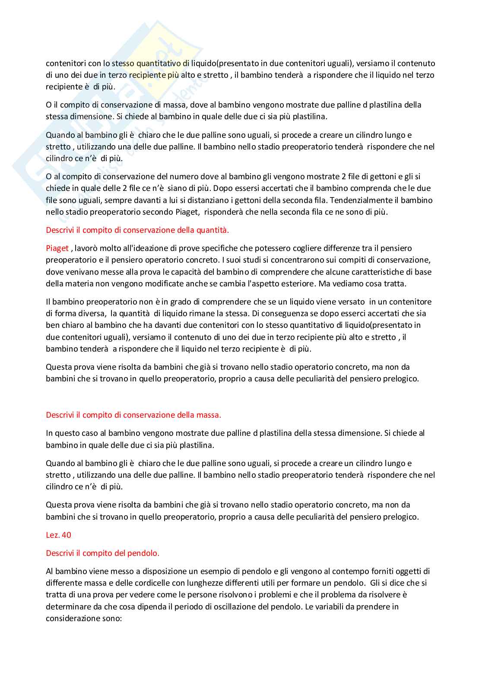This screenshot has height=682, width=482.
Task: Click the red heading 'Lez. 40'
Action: [58, 535]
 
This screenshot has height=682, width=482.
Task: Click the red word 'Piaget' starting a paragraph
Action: [57, 248]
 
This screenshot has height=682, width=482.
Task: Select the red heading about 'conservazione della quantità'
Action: [137, 230]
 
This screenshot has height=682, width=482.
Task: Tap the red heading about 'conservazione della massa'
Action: [133, 415]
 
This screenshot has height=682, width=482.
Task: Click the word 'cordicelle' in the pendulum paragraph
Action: [153, 583]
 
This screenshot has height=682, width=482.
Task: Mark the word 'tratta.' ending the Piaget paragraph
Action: [394, 284]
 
